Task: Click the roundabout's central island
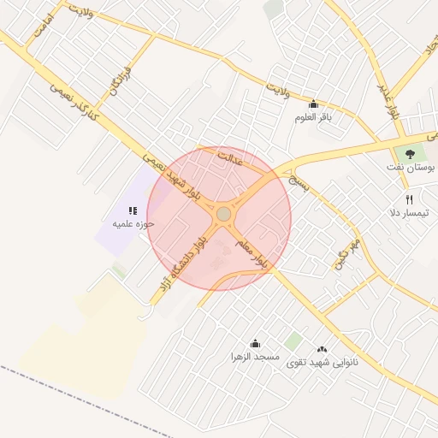click(223, 213)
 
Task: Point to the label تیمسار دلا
click(408, 212)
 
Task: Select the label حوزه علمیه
click(133, 224)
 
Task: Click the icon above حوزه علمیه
click(132, 210)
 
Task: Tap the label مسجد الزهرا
click(254, 355)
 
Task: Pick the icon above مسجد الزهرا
click(254, 342)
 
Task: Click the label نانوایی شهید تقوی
click(322, 363)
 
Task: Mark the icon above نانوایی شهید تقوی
click(322, 349)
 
